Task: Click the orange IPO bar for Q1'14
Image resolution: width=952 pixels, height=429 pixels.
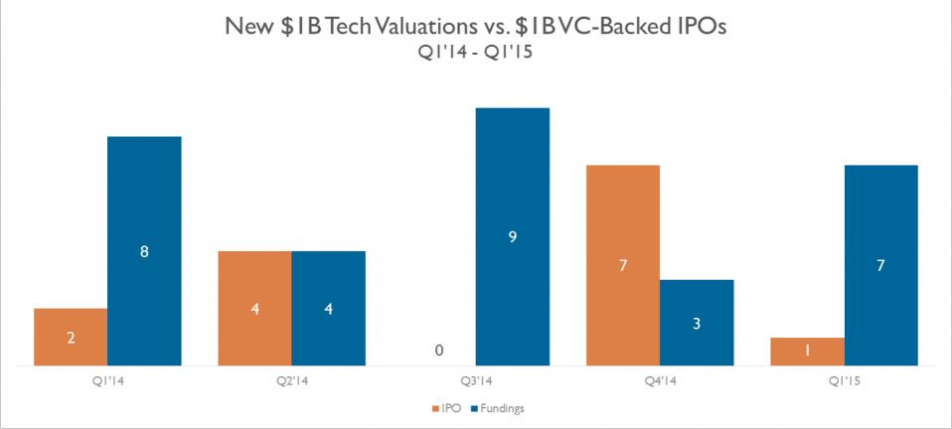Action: click(71, 337)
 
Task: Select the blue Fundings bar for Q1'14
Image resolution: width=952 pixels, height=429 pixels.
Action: click(144, 251)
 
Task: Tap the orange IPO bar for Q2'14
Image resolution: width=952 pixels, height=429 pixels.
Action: click(255, 308)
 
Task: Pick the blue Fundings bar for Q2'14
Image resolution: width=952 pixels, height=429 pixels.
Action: click(329, 308)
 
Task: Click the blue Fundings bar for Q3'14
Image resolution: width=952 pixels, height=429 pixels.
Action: click(513, 236)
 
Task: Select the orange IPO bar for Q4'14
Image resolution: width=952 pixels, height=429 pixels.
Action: click(623, 265)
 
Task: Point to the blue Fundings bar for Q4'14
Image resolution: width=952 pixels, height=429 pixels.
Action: click(697, 323)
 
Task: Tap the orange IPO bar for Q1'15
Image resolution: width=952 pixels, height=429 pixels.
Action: click(807, 352)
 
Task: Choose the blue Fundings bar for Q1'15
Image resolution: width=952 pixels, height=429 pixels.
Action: click(880, 265)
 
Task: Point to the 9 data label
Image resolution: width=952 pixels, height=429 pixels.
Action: click(513, 237)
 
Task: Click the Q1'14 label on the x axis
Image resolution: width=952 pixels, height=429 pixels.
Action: click(107, 378)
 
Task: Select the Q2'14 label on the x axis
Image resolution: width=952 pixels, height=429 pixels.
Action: click(292, 378)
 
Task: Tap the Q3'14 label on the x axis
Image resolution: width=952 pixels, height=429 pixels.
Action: click(476, 378)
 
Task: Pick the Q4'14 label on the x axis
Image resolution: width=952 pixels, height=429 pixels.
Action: click(660, 378)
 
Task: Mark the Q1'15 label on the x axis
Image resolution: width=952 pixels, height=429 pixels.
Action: click(844, 378)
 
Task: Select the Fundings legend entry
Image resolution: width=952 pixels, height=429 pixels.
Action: click(498, 408)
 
